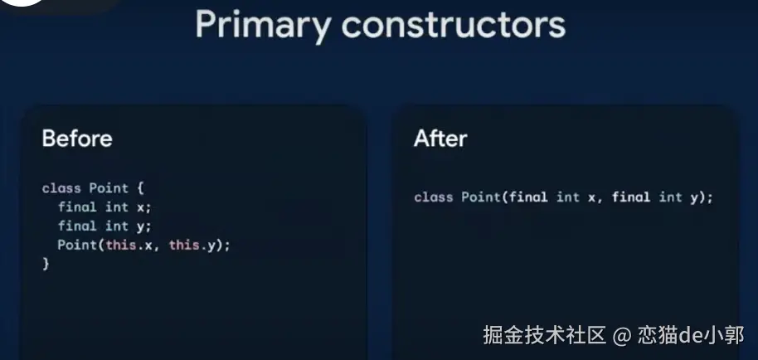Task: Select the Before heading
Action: point(77,139)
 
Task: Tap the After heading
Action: point(440,139)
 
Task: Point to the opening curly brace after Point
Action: point(140,188)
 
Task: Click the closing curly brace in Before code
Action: point(46,263)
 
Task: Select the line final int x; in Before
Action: point(104,207)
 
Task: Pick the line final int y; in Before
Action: point(104,226)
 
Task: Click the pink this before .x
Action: point(121,245)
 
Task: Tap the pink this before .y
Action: point(184,245)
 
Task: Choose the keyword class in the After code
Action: point(433,197)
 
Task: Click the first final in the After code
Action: point(528,197)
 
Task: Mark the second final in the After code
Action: point(631,197)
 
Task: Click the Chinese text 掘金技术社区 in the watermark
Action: point(545,335)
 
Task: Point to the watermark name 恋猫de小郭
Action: point(691,335)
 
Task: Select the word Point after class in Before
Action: point(109,188)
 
